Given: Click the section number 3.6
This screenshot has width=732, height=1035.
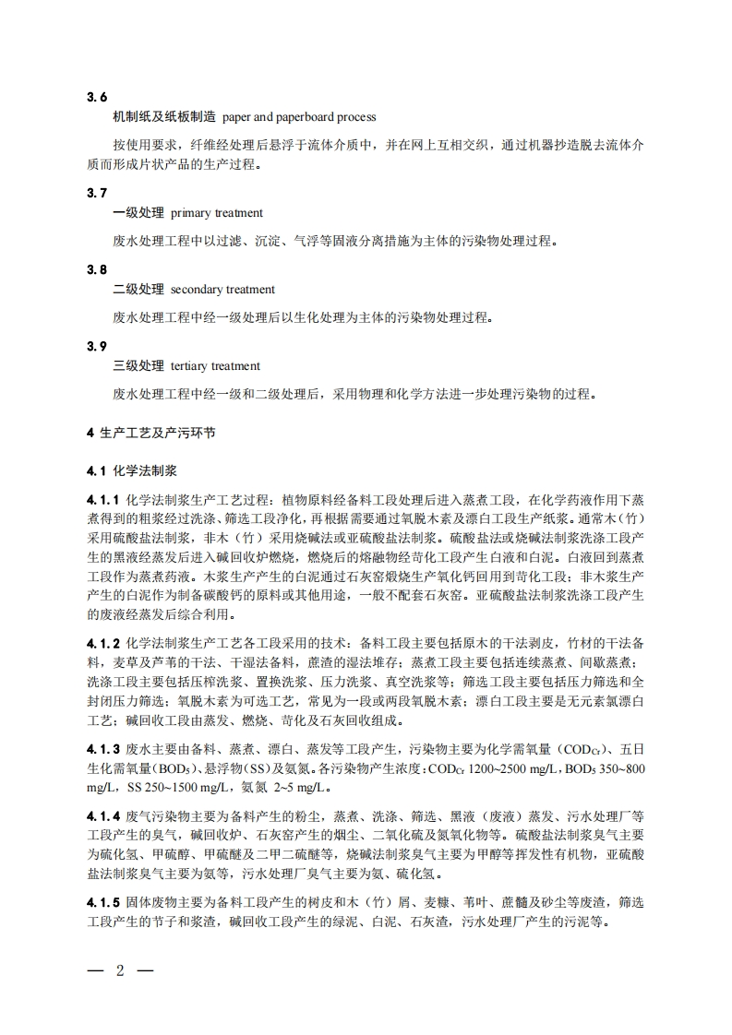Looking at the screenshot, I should (x=97, y=96).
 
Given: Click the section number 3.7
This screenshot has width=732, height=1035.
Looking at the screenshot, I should (x=97, y=192).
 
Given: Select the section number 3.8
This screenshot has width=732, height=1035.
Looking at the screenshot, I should (x=97, y=268).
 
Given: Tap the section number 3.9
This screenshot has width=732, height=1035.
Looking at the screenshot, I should (x=97, y=345).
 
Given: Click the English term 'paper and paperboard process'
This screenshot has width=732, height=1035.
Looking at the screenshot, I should (x=299, y=117).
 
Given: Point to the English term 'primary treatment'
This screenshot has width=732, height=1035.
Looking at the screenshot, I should (x=217, y=213).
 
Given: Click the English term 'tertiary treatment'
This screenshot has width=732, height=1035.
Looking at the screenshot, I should (x=215, y=366).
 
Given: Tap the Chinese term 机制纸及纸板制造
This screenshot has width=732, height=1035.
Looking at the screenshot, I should (x=163, y=117).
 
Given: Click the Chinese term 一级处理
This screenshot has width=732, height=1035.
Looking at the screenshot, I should (x=138, y=213).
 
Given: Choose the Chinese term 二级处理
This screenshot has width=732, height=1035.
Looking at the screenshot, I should (x=138, y=290).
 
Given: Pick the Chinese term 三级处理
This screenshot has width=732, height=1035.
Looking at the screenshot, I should (x=138, y=366).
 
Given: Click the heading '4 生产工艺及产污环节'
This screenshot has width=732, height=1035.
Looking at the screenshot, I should (x=151, y=432).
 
